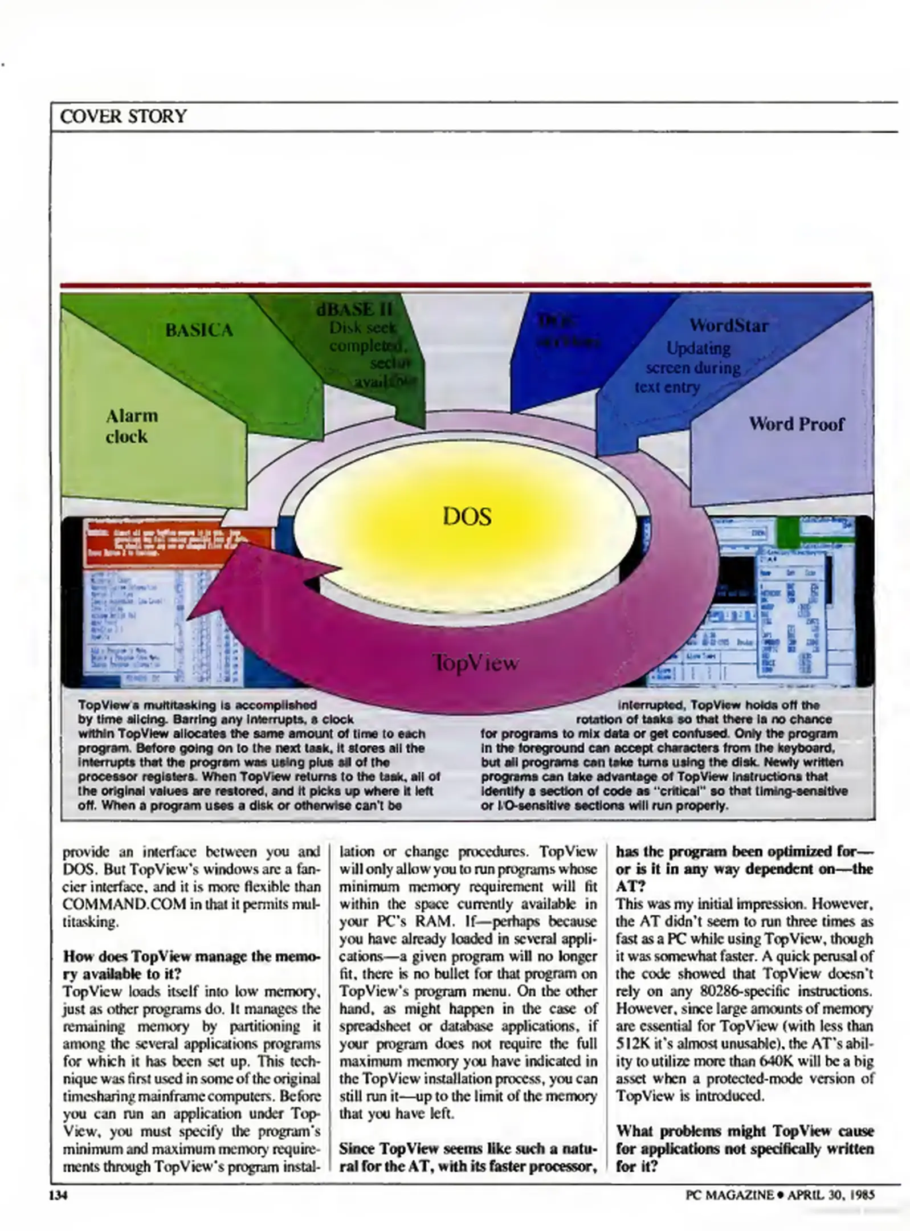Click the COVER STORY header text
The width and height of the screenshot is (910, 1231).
123,116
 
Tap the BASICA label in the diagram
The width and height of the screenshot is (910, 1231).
199,331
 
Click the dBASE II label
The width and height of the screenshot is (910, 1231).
354,311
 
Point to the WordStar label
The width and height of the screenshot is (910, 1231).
728,325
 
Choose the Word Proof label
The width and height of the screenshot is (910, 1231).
795,424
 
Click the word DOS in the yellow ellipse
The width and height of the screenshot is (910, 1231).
467,517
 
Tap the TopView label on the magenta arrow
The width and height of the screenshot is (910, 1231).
475,663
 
